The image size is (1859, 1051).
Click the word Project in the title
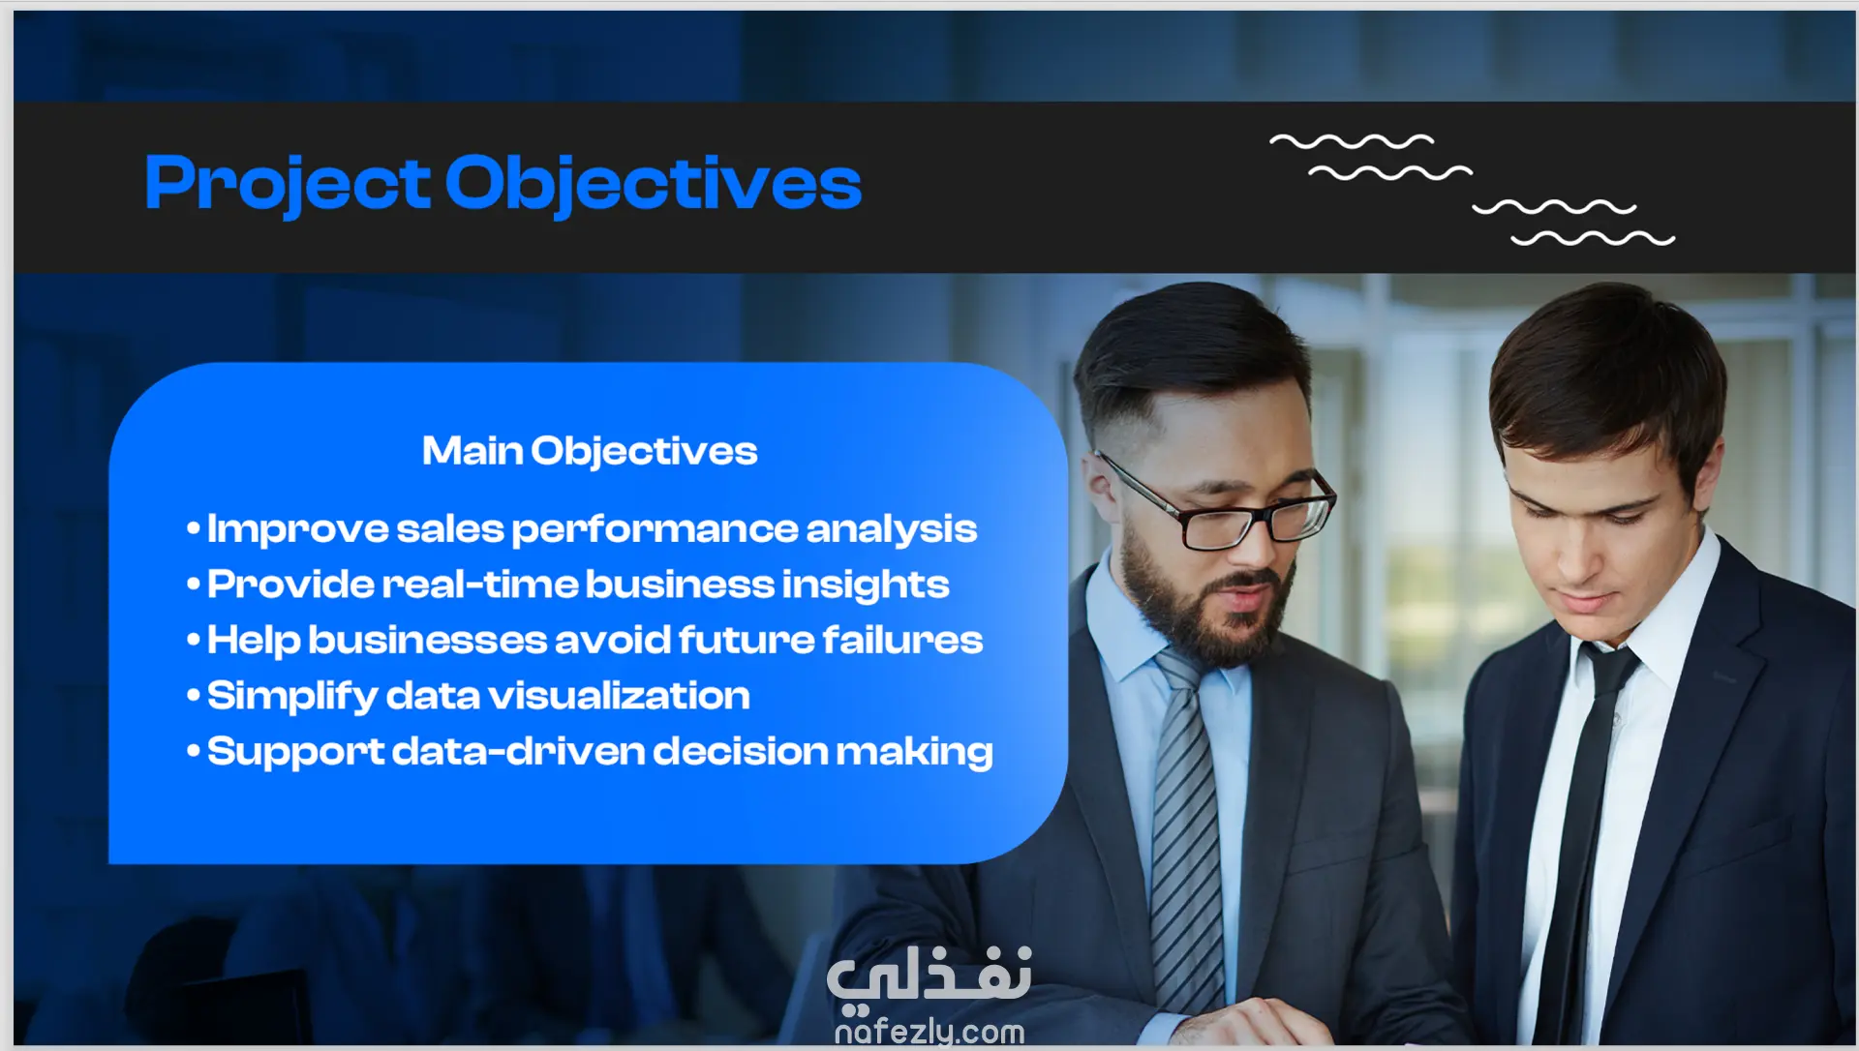[288, 184]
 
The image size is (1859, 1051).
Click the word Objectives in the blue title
[654, 184]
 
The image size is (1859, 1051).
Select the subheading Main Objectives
[590, 451]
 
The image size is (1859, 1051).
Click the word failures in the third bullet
[902, 640]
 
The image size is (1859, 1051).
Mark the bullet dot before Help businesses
[194, 639]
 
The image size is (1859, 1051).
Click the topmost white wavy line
[1352, 141]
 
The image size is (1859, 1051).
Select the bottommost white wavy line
[1594, 238]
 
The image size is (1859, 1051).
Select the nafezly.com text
[929, 1032]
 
